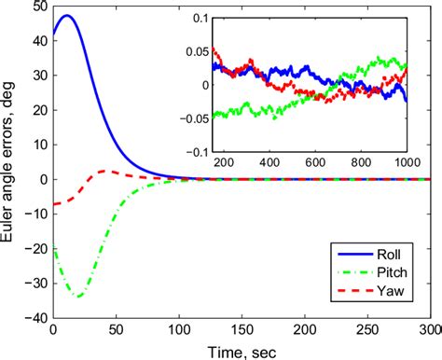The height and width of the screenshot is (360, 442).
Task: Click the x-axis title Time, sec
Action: click(x=241, y=352)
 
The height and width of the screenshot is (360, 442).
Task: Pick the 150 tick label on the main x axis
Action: click(x=241, y=330)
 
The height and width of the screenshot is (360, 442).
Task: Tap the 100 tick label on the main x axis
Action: click(x=178, y=330)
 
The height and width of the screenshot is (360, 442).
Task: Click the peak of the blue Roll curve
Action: click(x=66, y=16)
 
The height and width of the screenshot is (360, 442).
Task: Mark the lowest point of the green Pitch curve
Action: click(x=79, y=296)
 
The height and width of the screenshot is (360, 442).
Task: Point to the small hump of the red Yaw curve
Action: click(x=105, y=171)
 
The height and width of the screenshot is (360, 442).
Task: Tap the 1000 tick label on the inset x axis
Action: click(x=405, y=163)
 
